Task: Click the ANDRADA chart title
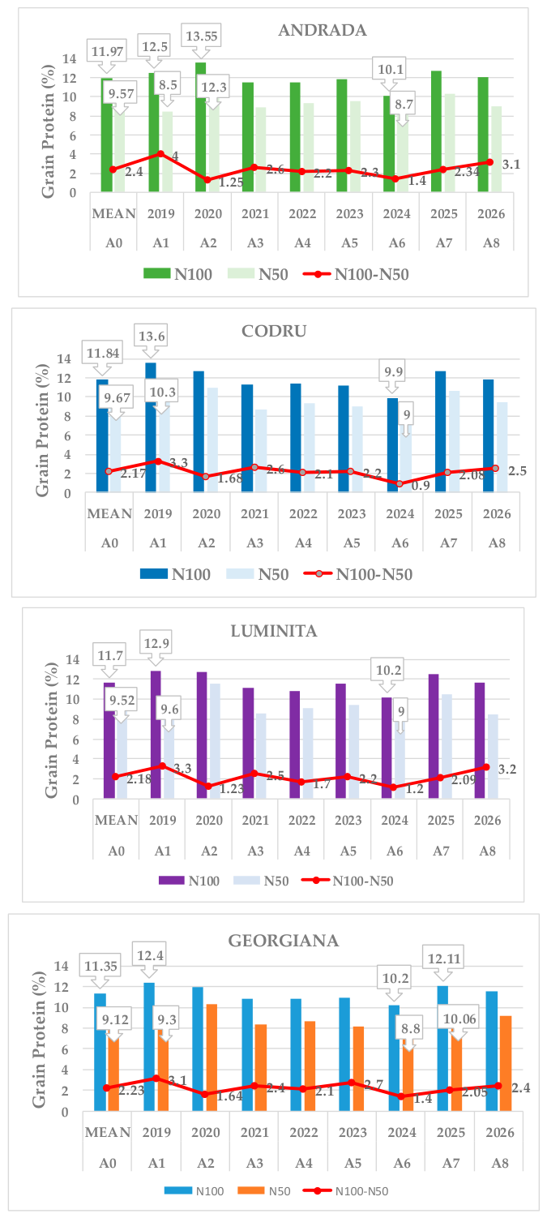point(322,30)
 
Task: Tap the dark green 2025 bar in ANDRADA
point(436,131)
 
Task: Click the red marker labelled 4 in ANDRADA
point(160,154)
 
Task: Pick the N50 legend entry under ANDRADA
point(257,273)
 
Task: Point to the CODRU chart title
point(274,331)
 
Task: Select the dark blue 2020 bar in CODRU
point(199,431)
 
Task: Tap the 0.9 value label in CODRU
point(420,485)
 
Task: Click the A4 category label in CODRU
point(303,543)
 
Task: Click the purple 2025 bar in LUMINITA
point(434,736)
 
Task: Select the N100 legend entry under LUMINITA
point(189,881)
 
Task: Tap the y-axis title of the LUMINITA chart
point(51,731)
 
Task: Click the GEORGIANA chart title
point(283,940)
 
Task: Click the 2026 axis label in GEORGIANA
point(499,1132)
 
